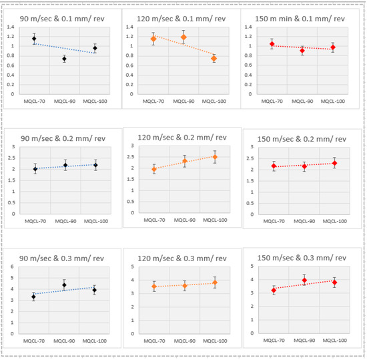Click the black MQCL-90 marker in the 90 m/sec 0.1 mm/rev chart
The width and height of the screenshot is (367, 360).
[64, 59]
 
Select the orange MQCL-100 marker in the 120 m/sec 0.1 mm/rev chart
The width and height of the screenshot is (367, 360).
[214, 59]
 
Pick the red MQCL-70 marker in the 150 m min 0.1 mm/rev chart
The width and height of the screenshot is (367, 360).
[272, 44]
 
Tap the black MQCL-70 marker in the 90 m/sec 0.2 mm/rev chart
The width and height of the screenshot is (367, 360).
[35, 169]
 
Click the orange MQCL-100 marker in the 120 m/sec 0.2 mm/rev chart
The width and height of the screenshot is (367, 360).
[214, 157]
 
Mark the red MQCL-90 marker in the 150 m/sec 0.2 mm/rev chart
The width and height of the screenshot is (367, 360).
[304, 166]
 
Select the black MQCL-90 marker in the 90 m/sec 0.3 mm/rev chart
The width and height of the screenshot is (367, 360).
[64, 285]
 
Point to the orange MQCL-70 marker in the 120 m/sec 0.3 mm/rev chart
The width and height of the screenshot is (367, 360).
[155, 287]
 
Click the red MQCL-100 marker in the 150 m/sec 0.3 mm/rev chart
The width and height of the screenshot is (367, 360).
[334, 283]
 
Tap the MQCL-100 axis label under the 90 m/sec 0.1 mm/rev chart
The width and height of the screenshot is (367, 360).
[94, 101]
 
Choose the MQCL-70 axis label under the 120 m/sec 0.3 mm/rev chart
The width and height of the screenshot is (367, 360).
[155, 340]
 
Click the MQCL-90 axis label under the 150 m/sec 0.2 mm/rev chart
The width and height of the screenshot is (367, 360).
[304, 221]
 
